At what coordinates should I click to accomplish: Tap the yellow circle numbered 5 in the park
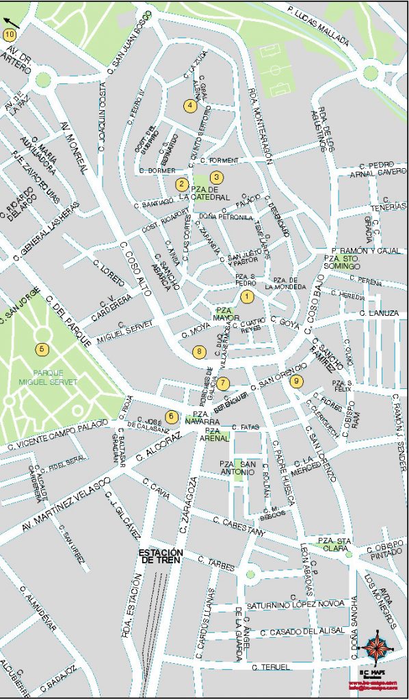point(43,349)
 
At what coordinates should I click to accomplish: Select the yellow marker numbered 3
point(215,177)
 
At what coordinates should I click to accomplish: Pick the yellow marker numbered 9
point(296,382)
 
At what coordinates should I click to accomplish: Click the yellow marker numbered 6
point(172,416)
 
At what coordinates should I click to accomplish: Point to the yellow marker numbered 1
point(247,296)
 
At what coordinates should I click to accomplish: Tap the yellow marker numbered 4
point(190,105)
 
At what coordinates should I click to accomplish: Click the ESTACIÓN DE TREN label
point(161,556)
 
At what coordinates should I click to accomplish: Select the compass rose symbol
point(376,647)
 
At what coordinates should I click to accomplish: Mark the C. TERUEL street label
point(272,667)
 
